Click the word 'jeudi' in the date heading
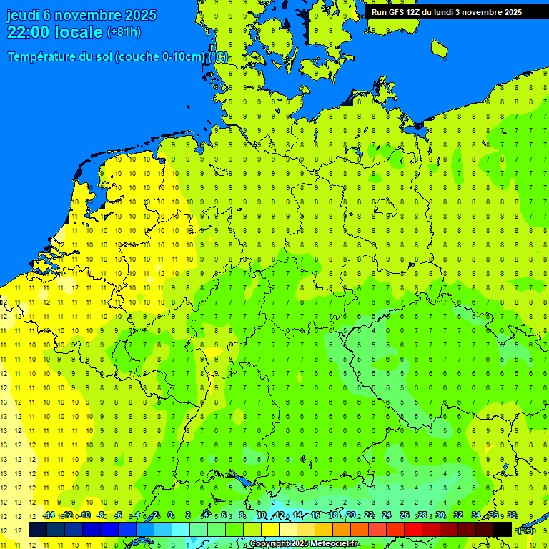(x=23, y=15)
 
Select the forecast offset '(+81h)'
(x=124, y=32)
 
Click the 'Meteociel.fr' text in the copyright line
(x=330, y=543)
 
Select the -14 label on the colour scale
(x=49, y=515)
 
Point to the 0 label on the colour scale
(x=170, y=515)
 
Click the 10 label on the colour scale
(x=262, y=515)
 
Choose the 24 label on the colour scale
(x=387, y=515)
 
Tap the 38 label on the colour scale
(x=512, y=515)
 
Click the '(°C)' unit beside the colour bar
(x=525, y=530)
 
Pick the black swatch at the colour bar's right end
(x=503, y=530)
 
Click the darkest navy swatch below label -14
(x=38, y=530)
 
